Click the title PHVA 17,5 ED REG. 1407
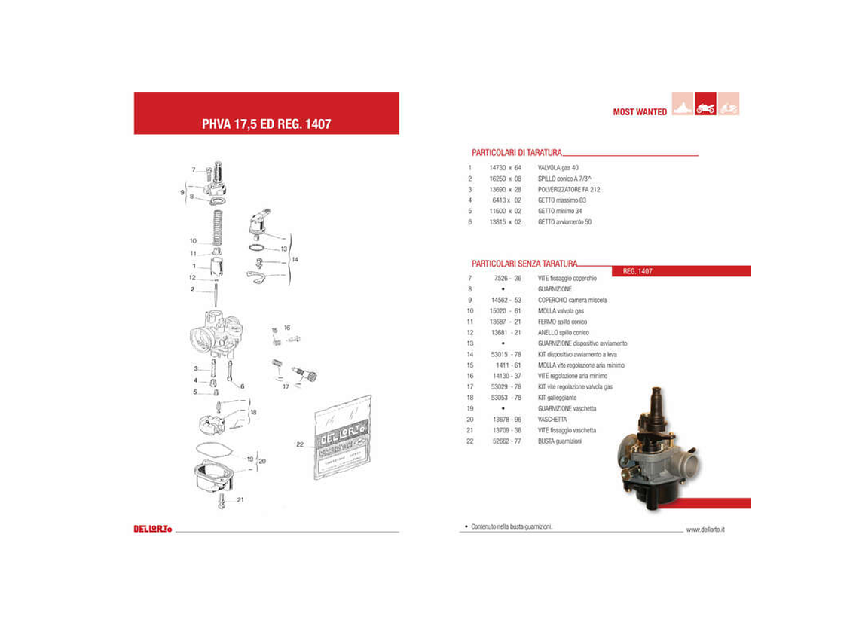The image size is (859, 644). (x=266, y=124)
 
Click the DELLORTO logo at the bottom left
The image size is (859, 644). (x=153, y=529)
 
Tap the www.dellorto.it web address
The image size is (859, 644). (x=705, y=530)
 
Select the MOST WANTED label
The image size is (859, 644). (x=640, y=112)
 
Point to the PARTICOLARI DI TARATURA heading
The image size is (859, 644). (x=517, y=152)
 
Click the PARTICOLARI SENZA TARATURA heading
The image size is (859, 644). (x=524, y=264)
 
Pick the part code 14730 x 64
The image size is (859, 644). (x=505, y=168)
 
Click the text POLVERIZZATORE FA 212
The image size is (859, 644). (x=569, y=190)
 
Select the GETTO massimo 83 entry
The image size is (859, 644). (x=561, y=200)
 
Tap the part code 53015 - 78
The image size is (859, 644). (x=506, y=354)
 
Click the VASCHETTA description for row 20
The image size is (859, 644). (x=552, y=420)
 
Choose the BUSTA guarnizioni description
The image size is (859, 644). (x=559, y=441)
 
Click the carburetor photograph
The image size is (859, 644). (x=656, y=448)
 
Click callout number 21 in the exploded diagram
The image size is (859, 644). (x=240, y=499)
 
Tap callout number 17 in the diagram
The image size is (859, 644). (x=286, y=386)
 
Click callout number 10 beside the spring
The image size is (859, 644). (x=193, y=241)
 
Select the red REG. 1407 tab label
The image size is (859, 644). (x=637, y=271)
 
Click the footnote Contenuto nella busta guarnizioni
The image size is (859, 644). (x=511, y=526)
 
